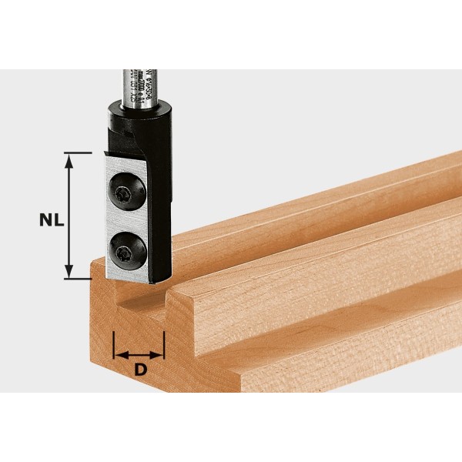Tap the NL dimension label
point(52,219)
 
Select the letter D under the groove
point(139,370)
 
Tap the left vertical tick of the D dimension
point(113,345)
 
